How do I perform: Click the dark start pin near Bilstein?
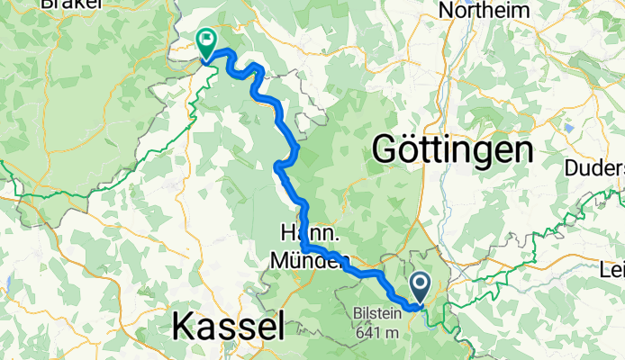[x=421, y=287]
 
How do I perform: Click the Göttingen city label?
[x=451, y=148]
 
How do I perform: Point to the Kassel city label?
[x=228, y=323]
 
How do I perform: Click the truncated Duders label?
[x=594, y=167]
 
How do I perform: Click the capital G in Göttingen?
[x=383, y=148]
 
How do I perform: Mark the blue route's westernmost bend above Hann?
[x=276, y=164]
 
